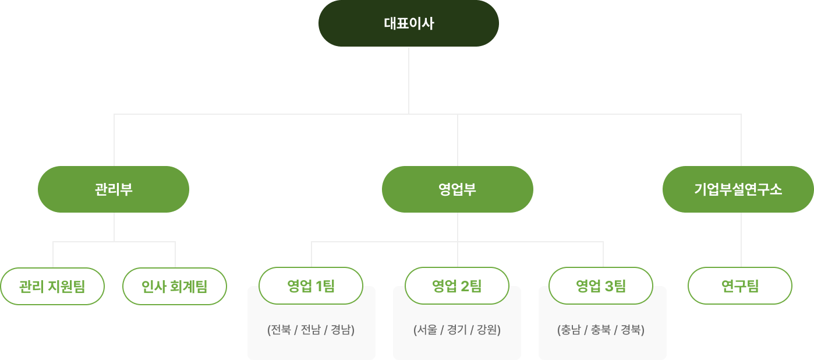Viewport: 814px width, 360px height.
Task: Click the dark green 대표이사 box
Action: point(408,23)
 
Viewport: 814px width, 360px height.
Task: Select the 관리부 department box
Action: point(114,189)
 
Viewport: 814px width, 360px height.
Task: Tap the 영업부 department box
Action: point(457,189)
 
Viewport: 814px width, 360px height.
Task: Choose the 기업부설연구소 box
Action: point(738,189)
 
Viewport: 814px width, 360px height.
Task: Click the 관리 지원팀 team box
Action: point(52,286)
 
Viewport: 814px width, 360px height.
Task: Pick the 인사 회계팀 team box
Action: point(175,286)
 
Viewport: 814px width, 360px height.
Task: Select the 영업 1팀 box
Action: point(311,285)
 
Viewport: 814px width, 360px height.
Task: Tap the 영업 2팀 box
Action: point(457,285)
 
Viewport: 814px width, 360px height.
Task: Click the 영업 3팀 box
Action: point(601,285)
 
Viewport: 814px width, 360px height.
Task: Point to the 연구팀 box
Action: point(740,286)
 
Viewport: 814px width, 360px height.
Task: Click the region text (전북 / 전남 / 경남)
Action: point(311,330)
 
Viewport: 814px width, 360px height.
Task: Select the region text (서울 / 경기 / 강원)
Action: point(457,330)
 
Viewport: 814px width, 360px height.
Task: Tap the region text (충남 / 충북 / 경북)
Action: point(601,330)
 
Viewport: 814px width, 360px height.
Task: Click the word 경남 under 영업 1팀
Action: point(341,330)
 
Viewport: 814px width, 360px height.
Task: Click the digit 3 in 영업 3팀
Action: point(609,285)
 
